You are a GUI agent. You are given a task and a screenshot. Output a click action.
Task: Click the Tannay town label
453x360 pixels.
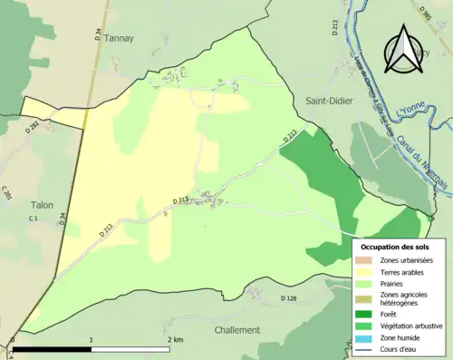pyautogui.click(x=119, y=38)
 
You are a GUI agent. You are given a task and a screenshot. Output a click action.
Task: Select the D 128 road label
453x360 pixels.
pyautogui.click(x=288, y=298)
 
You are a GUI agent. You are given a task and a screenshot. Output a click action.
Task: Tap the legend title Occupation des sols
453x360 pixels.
pyautogui.click(x=396, y=247)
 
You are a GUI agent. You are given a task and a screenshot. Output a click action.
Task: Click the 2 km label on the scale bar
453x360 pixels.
pyautogui.click(x=176, y=339)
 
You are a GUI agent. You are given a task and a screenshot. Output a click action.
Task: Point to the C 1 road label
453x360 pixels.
pyautogui.click(x=33, y=219)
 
